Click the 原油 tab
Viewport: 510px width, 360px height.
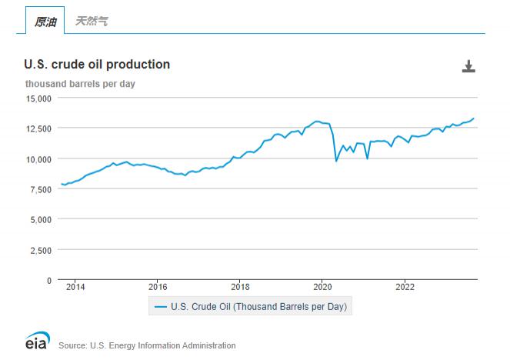coord(45,22)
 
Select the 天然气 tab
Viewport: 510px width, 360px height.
coord(92,22)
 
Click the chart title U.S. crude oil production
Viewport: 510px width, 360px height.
coord(97,65)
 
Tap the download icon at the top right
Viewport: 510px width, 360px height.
coord(468,67)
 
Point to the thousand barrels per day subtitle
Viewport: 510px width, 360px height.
coord(80,83)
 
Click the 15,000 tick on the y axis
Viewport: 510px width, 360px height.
coord(37,98)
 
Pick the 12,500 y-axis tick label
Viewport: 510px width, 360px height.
coord(37,128)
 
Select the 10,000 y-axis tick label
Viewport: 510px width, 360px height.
coord(37,159)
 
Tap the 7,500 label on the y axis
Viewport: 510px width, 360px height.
coord(39,189)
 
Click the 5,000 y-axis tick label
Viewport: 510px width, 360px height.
coord(39,220)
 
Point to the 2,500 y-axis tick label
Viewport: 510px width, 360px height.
coord(39,250)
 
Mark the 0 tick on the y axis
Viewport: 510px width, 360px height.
coord(48,281)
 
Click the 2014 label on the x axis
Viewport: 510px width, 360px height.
coord(75,288)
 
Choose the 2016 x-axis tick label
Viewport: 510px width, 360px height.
coord(157,288)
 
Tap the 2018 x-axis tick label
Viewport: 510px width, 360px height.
coord(239,288)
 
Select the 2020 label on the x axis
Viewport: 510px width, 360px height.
coord(322,288)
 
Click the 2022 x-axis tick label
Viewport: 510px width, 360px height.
coord(404,288)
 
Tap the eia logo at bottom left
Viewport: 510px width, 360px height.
coord(37,341)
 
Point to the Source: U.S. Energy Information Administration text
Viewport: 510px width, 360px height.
coord(147,345)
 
